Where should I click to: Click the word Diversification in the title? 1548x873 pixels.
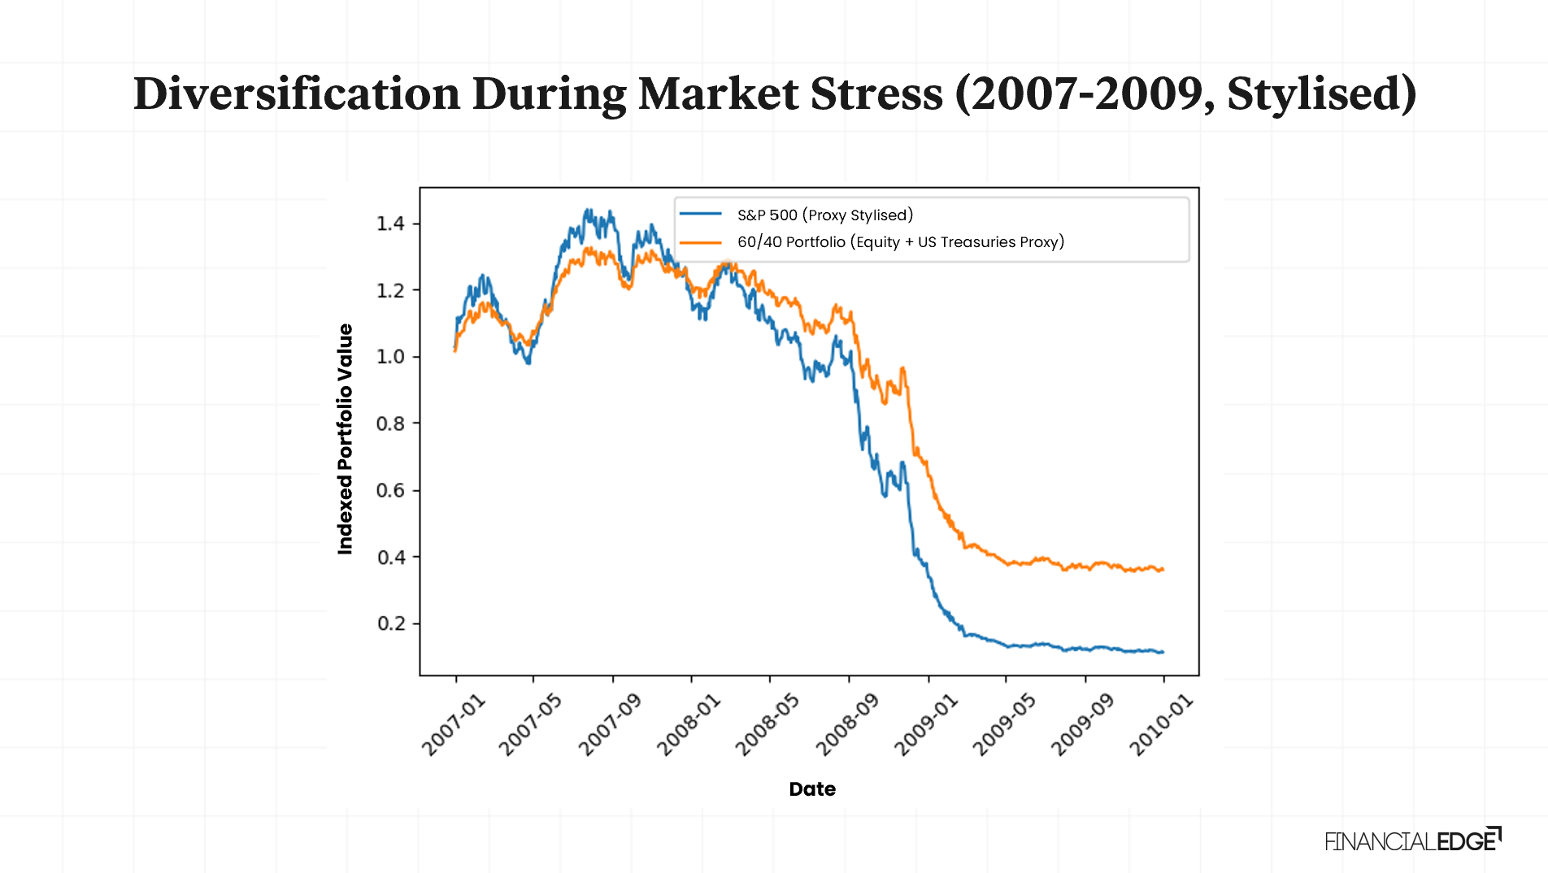pyautogui.click(x=298, y=93)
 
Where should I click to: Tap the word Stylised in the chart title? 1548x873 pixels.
pyautogui.click(x=1320, y=93)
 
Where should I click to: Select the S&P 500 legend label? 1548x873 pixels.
pyautogui.click(x=824, y=215)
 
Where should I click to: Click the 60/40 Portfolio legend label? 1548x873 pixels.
pyautogui.click(x=900, y=241)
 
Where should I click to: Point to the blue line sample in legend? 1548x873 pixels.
pyautogui.click(x=701, y=215)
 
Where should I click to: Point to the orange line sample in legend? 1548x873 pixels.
pyautogui.click(x=701, y=241)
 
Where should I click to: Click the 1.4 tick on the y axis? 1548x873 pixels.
pyautogui.click(x=390, y=224)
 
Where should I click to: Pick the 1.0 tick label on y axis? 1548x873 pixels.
pyautogui.click(x=390, y=357)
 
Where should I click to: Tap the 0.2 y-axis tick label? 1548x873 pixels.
pyautogui.click(x=390, y=623)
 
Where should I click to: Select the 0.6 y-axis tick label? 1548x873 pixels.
pyautogui.click(x=390, y=490)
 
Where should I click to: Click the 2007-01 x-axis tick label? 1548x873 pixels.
pyautogui.click(x=453, y=725)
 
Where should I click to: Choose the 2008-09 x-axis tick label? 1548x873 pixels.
pyautogui.click(x=846, y=725)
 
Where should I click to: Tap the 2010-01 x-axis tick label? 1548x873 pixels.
pyautogui.click(x=1161, y=725)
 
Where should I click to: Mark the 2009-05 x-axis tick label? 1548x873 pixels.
pyautogui.click(x=1003, y=725)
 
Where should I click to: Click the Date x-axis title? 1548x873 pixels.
pyautogui.click(x=812, y=788)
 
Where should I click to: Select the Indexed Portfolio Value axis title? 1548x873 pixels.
pyautogui.click(x=346, y=439)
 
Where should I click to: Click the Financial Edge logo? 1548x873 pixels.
pyautogui.click(x=1412, y=840)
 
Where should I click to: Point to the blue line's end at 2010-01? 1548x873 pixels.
pyautogui.click(x=1163, y=652)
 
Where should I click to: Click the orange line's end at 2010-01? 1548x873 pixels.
pyautogui.click(x=1163, y=569)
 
